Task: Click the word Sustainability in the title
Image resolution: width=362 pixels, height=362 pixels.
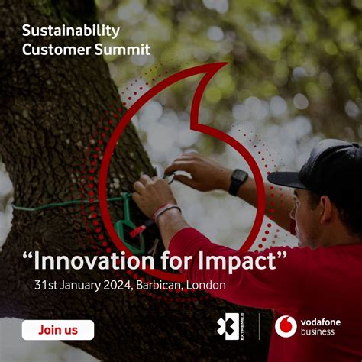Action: (71, 31)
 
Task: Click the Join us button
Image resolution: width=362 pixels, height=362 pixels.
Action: (58, 330)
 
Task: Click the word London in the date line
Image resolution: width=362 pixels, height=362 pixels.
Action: (209, 285)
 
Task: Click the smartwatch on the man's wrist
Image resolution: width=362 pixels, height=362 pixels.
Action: (238, 181)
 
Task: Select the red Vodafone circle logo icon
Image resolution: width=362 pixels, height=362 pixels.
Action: (286, 326)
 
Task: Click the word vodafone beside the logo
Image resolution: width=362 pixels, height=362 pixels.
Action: (320, 322)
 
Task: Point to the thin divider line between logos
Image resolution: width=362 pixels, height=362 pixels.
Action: (260, 326)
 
